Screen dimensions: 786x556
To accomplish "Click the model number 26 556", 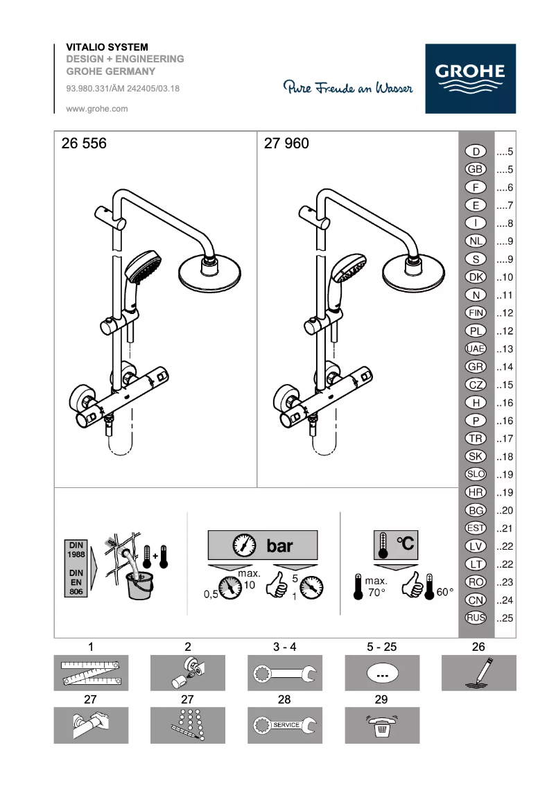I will tap(85, 144).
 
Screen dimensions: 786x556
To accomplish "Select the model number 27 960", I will tap(286, 144).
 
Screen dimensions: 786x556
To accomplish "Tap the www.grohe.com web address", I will tap(97, 109).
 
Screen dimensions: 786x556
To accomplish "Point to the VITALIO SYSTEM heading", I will tap(107, 47).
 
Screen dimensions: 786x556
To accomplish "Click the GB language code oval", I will tap(476, 169).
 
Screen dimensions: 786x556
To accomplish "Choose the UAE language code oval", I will tap(476, 349).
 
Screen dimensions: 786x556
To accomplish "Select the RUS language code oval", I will tap(476, 618).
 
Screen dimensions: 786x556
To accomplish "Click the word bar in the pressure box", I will tap(279, 545).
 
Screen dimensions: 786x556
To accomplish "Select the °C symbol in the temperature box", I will tap(405, 544).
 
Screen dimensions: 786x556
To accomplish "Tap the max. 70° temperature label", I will tap(376, 586).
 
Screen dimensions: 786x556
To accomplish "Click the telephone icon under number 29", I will tap(381, 725).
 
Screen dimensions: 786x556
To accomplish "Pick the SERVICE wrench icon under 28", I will tap(284, 725).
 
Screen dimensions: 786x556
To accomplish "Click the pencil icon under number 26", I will tap(478, 673).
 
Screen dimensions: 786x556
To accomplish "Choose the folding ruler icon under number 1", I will tap(91, 673).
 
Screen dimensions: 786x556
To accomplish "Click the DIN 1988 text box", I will tap(76, 550).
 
